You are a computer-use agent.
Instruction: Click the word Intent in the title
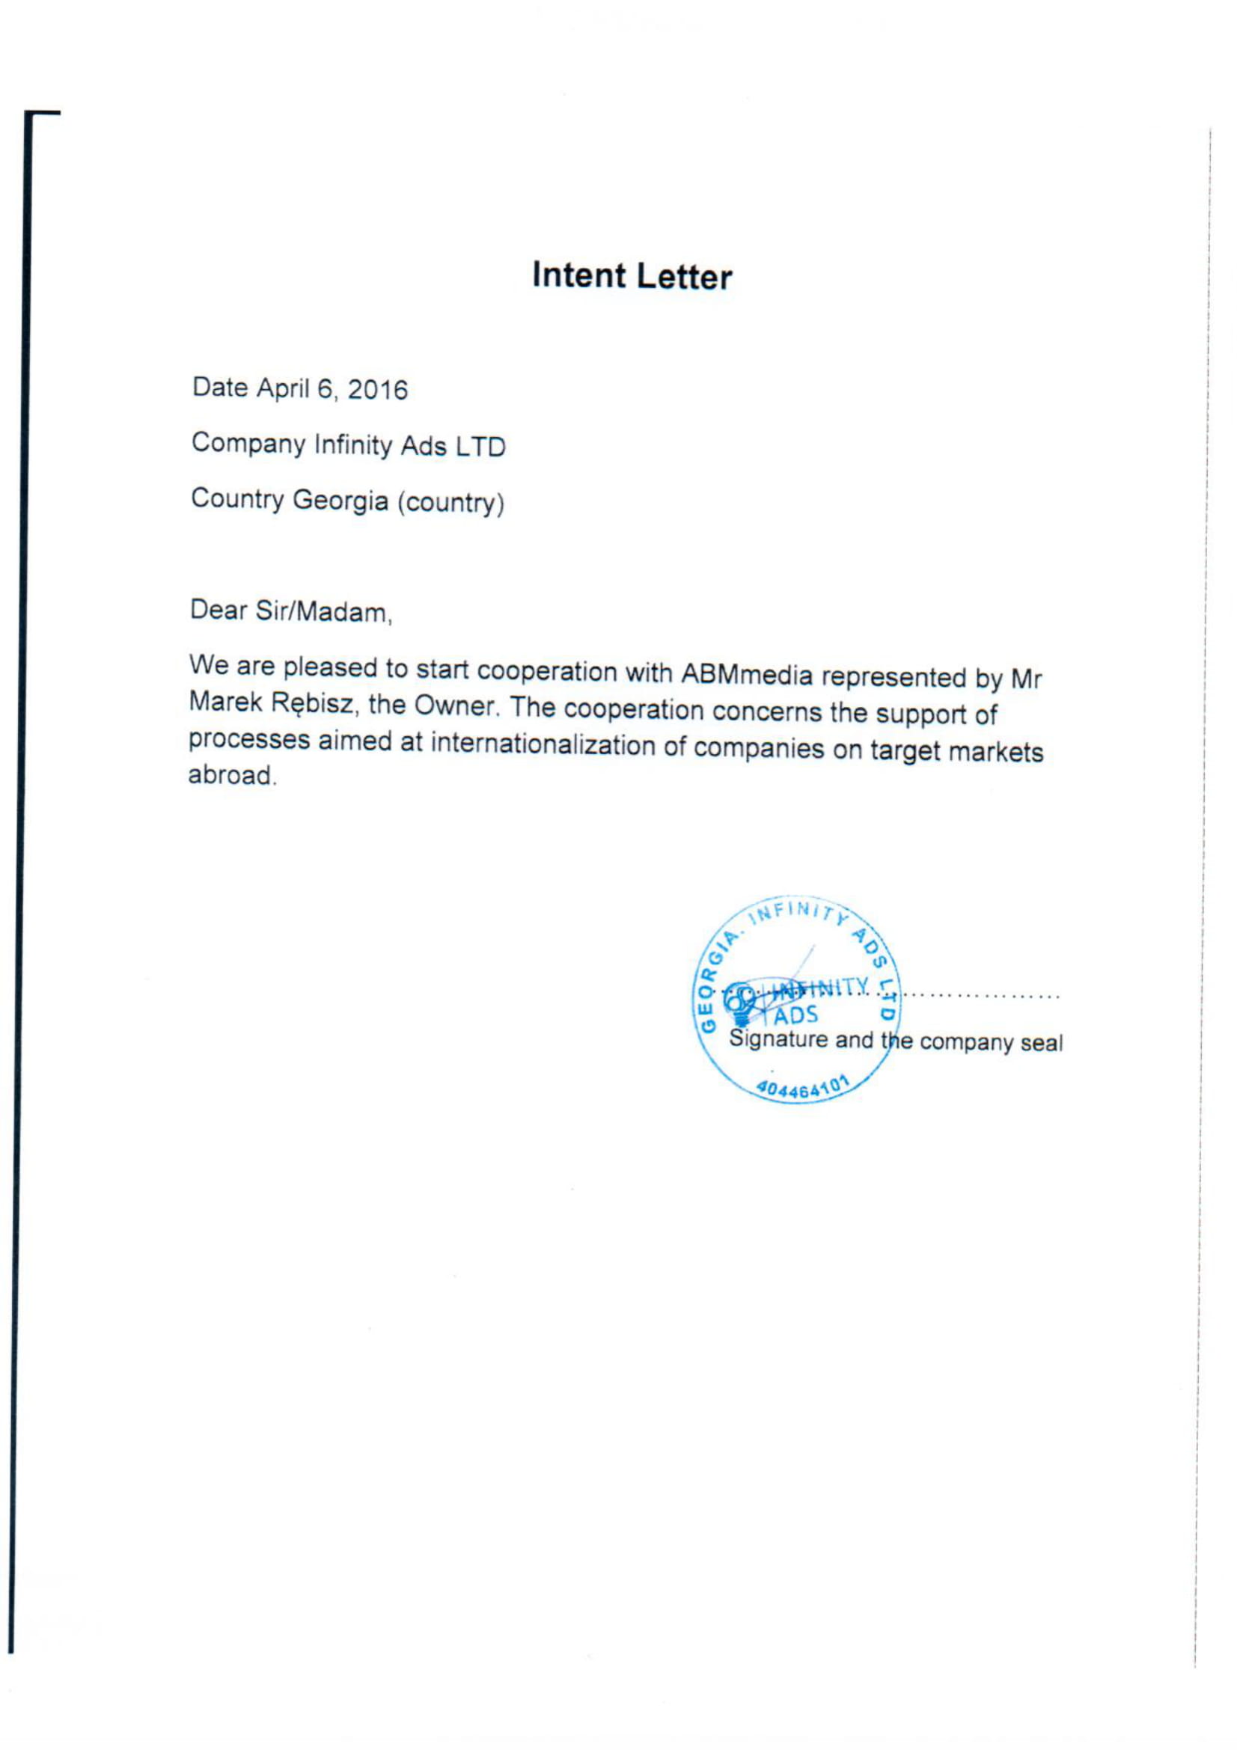[578, 275]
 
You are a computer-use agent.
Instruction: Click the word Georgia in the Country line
[340, 501]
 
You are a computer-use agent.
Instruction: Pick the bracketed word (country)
[450, 503]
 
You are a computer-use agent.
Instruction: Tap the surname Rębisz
[313, 703]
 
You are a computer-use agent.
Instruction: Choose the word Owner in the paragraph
[456, 706]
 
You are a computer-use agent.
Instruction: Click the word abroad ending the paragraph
[231, 775]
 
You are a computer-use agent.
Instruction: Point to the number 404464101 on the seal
[801, 1089]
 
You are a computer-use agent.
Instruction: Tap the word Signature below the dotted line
[778, 1040]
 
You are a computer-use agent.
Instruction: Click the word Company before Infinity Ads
[248, 444]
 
